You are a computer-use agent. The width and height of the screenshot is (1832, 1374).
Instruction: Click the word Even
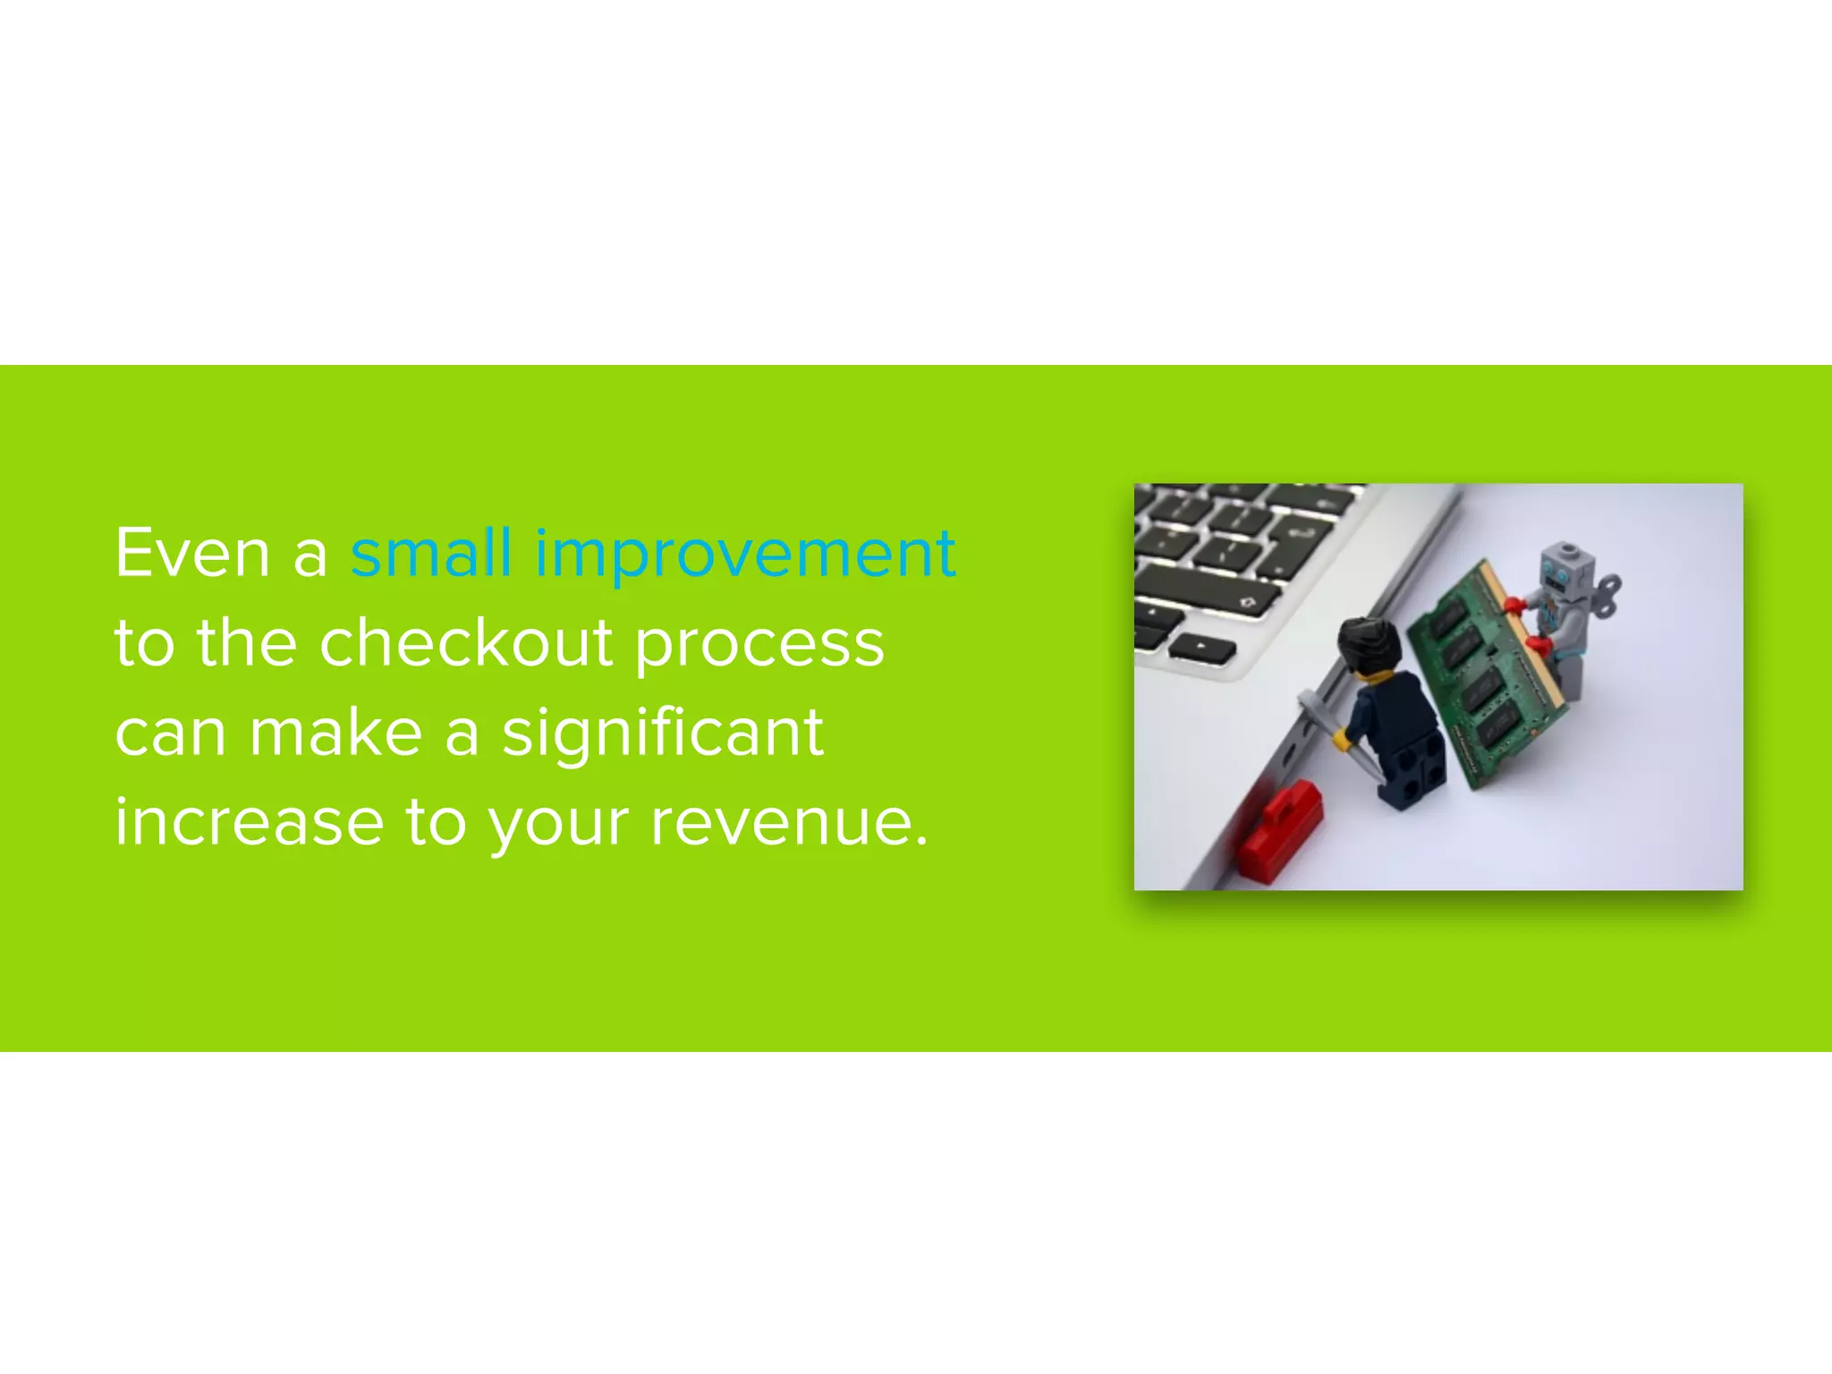192,554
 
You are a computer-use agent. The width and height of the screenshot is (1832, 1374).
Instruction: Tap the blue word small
431,554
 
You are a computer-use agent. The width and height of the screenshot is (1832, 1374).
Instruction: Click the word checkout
466,643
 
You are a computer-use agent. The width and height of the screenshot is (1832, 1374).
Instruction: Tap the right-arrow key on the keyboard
1202,647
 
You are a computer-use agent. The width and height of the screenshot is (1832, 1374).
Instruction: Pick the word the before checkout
247,643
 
